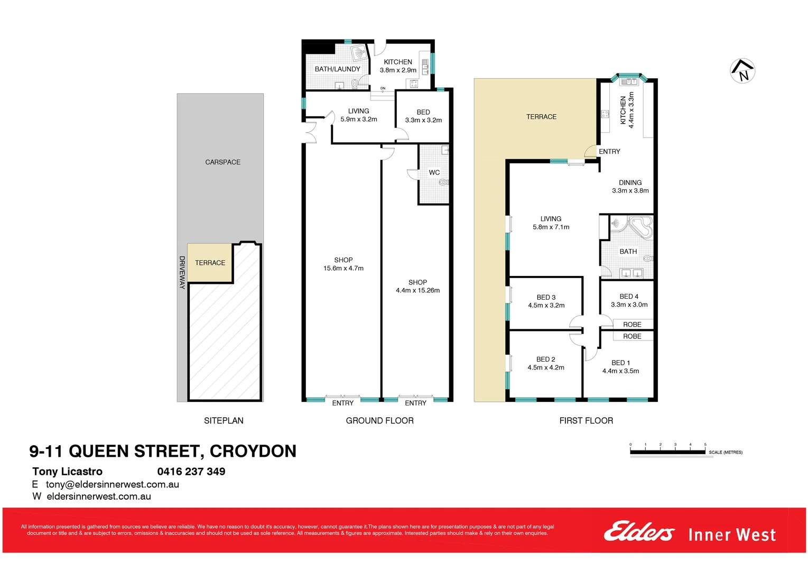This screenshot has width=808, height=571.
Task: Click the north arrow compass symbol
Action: tap(742, 71)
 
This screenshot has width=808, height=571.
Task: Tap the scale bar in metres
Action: tap(667, 452)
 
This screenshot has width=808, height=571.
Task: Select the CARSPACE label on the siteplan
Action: tap(222, 162)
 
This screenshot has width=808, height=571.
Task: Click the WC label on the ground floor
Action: tap(434, 172)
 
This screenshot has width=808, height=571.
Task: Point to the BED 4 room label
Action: tap(629, 297)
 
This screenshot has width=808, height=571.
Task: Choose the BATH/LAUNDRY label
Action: tap(337, 69)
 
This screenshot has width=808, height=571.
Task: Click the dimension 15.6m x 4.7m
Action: tap(343, 269)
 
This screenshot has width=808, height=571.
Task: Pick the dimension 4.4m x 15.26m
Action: tap(417, 290)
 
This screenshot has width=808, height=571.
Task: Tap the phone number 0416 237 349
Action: tap(191, 472)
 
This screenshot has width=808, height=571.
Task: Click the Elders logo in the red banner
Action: tap(639, 532)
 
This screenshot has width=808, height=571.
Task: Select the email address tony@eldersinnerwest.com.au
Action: tap(113, 484)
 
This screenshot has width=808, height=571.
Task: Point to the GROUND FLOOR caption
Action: tap(379, 421)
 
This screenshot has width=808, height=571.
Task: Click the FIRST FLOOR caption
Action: tap(586, 421)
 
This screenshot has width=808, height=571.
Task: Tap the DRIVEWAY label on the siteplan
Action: tap(182, 272)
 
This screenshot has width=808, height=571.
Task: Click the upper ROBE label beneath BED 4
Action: tap(632, 325)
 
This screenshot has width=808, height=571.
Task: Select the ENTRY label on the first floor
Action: tap(609, 152)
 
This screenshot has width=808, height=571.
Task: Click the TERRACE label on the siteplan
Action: tap(210, 263)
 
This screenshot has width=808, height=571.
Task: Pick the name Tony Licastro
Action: tap(67, 472)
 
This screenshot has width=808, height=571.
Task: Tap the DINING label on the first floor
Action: tap(630, 182)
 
